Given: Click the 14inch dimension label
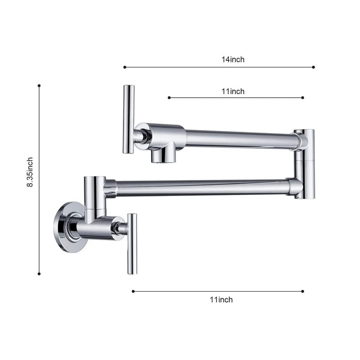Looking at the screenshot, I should point(233,59).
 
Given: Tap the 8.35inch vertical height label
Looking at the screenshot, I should point(30,172).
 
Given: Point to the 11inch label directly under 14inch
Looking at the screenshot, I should point(233,92).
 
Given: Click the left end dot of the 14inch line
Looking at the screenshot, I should point(124,67).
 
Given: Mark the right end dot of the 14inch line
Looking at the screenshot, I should point(314,67).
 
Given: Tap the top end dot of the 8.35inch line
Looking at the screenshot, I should point(39,86).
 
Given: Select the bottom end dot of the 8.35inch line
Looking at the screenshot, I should point(39,274).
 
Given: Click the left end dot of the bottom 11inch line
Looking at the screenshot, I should point(133,291).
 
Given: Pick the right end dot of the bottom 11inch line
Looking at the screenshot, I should point(303,291).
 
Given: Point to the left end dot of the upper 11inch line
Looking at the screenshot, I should point(169,97).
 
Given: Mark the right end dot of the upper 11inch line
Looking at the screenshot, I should point(303,97).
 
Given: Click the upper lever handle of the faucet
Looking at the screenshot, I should point(128,119).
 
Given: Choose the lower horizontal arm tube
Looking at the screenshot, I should point(201,188).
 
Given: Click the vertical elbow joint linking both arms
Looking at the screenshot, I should point(304,164).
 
